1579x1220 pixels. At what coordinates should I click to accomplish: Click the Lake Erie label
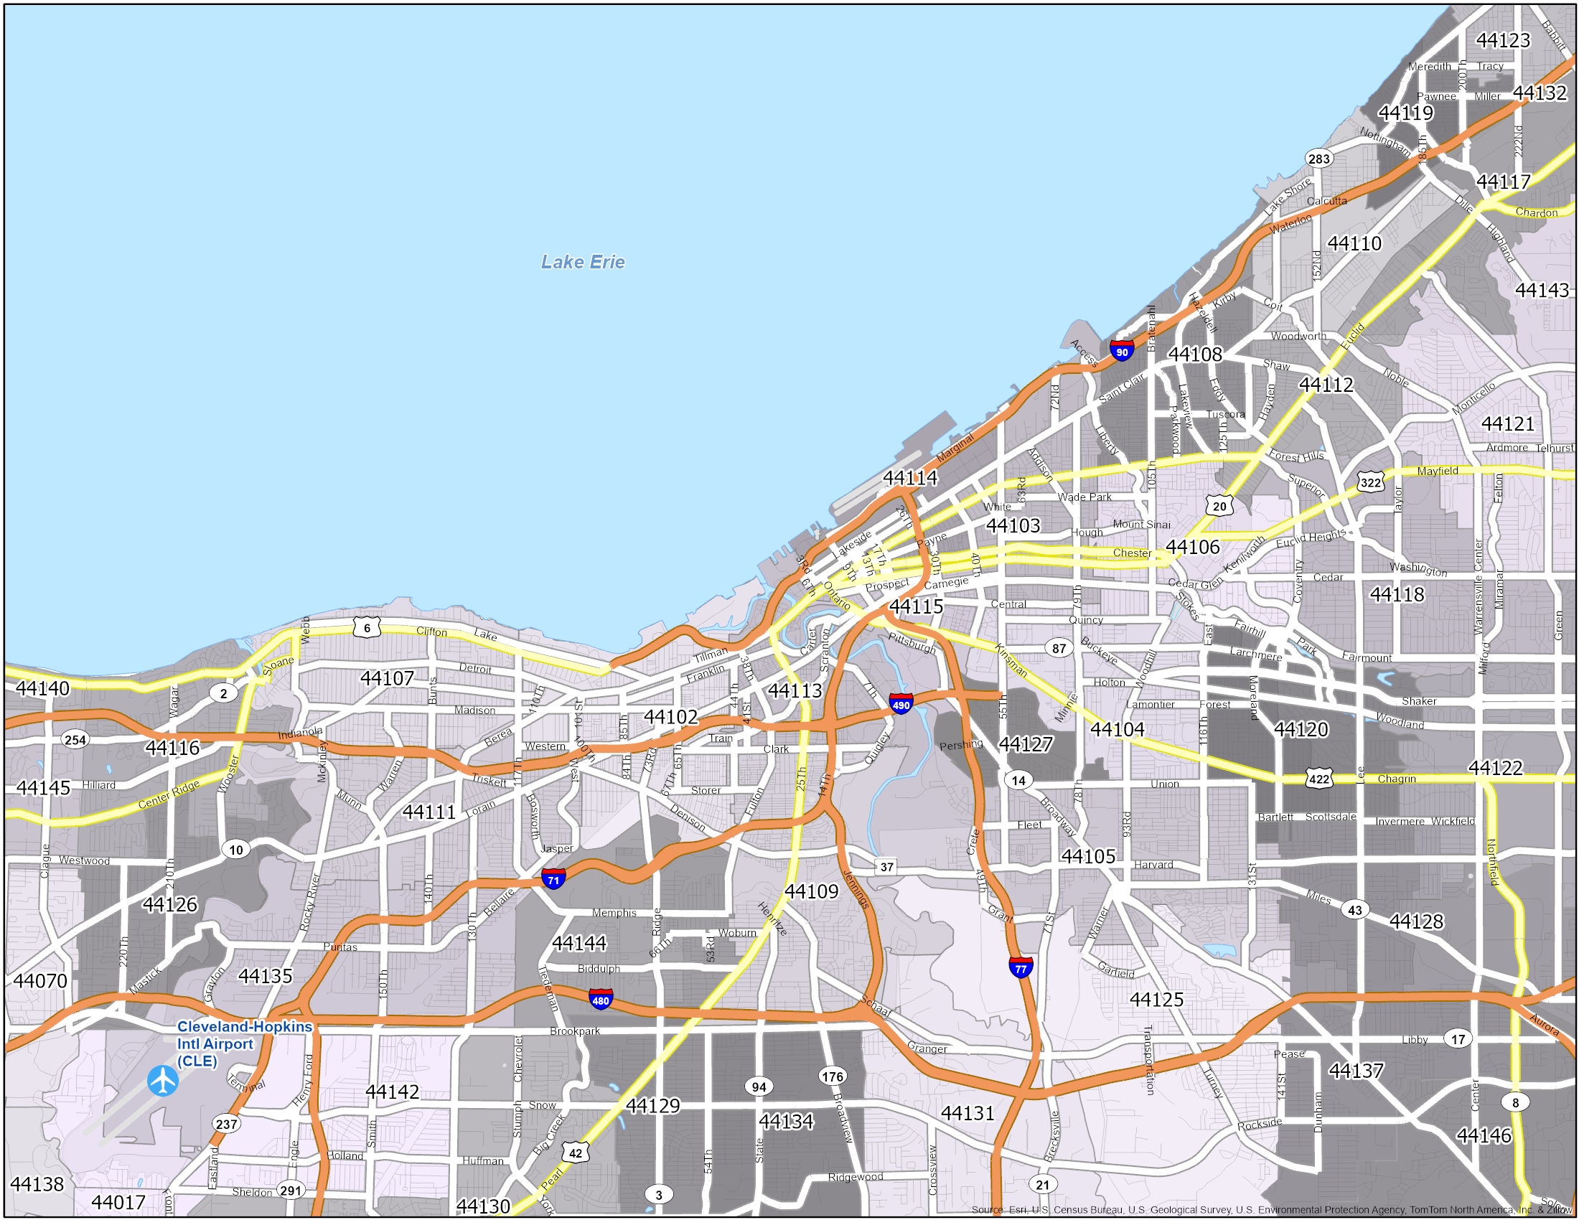tap(583, 262)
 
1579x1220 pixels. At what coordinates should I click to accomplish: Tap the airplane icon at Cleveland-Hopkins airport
tap(164, 1081)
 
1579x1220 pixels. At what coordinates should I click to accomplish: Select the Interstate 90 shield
tap(1121, 351)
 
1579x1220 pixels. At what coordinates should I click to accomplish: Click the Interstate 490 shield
tap(901, 703)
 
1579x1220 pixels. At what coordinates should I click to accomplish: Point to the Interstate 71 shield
tap(554, 879)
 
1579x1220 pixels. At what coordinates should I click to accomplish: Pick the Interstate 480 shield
tap(601, 1000)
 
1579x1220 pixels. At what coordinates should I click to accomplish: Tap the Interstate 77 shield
tap(1021, 968)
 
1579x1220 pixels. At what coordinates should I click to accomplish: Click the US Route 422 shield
tap(1319, 779)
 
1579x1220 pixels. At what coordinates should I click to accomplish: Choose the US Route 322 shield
tap(1371, 482)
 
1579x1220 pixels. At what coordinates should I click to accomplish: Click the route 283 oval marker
tap(1318, 159)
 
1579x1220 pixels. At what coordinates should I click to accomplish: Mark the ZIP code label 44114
tap(910, 478)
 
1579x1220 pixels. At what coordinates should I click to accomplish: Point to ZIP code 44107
tap(388, 678)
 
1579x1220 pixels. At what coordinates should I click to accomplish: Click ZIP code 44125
tap(1157, 1000)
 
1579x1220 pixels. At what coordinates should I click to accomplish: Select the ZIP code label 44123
tap(1503, 40)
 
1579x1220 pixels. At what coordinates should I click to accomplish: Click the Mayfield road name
tap(1438, 471)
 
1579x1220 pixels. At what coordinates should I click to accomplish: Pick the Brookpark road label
tap(575, 1031)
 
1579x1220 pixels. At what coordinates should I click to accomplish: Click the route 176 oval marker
tap(832, 1076)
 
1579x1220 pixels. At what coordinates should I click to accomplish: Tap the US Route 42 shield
tap(576, 1153)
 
